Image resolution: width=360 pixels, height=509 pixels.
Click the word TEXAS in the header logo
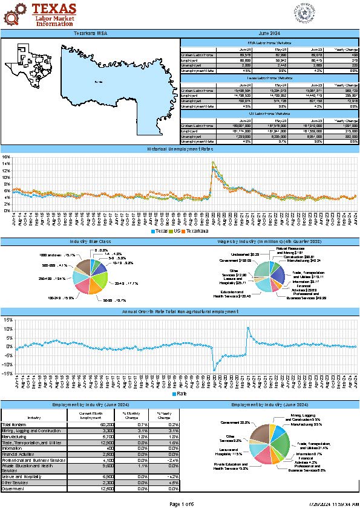[54, 8]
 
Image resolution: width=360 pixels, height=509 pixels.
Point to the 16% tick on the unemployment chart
[6, 157]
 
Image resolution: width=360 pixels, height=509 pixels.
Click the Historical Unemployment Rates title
[180, 148]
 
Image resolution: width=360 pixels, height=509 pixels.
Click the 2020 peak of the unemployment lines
[213, 163]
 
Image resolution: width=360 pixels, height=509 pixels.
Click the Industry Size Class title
[90, 241]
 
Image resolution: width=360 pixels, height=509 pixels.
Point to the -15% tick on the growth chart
[6, 374]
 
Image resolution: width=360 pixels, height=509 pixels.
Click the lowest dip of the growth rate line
[214, 369]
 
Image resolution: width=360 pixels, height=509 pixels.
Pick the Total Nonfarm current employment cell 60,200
[90, 425]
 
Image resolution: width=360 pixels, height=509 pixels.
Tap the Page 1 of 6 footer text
[180, 504]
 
